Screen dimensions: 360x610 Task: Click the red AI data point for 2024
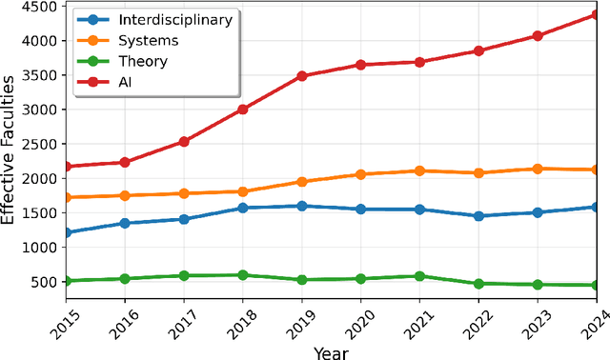[595, 14]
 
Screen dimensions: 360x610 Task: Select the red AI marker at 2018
[243, 110]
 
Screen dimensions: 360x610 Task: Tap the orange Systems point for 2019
[301, 181]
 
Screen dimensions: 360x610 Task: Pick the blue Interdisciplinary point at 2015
[67, 232]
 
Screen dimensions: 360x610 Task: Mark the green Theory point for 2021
[419, 276]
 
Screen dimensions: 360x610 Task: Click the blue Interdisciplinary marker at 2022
[478, 216]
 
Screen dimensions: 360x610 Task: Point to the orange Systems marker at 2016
[126, 195]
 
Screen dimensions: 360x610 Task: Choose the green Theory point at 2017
[184, 276]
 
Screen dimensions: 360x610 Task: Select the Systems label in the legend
[148, 40]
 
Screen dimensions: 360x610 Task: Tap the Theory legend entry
[143, 61]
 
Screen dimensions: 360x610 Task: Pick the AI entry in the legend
[124, 82]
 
